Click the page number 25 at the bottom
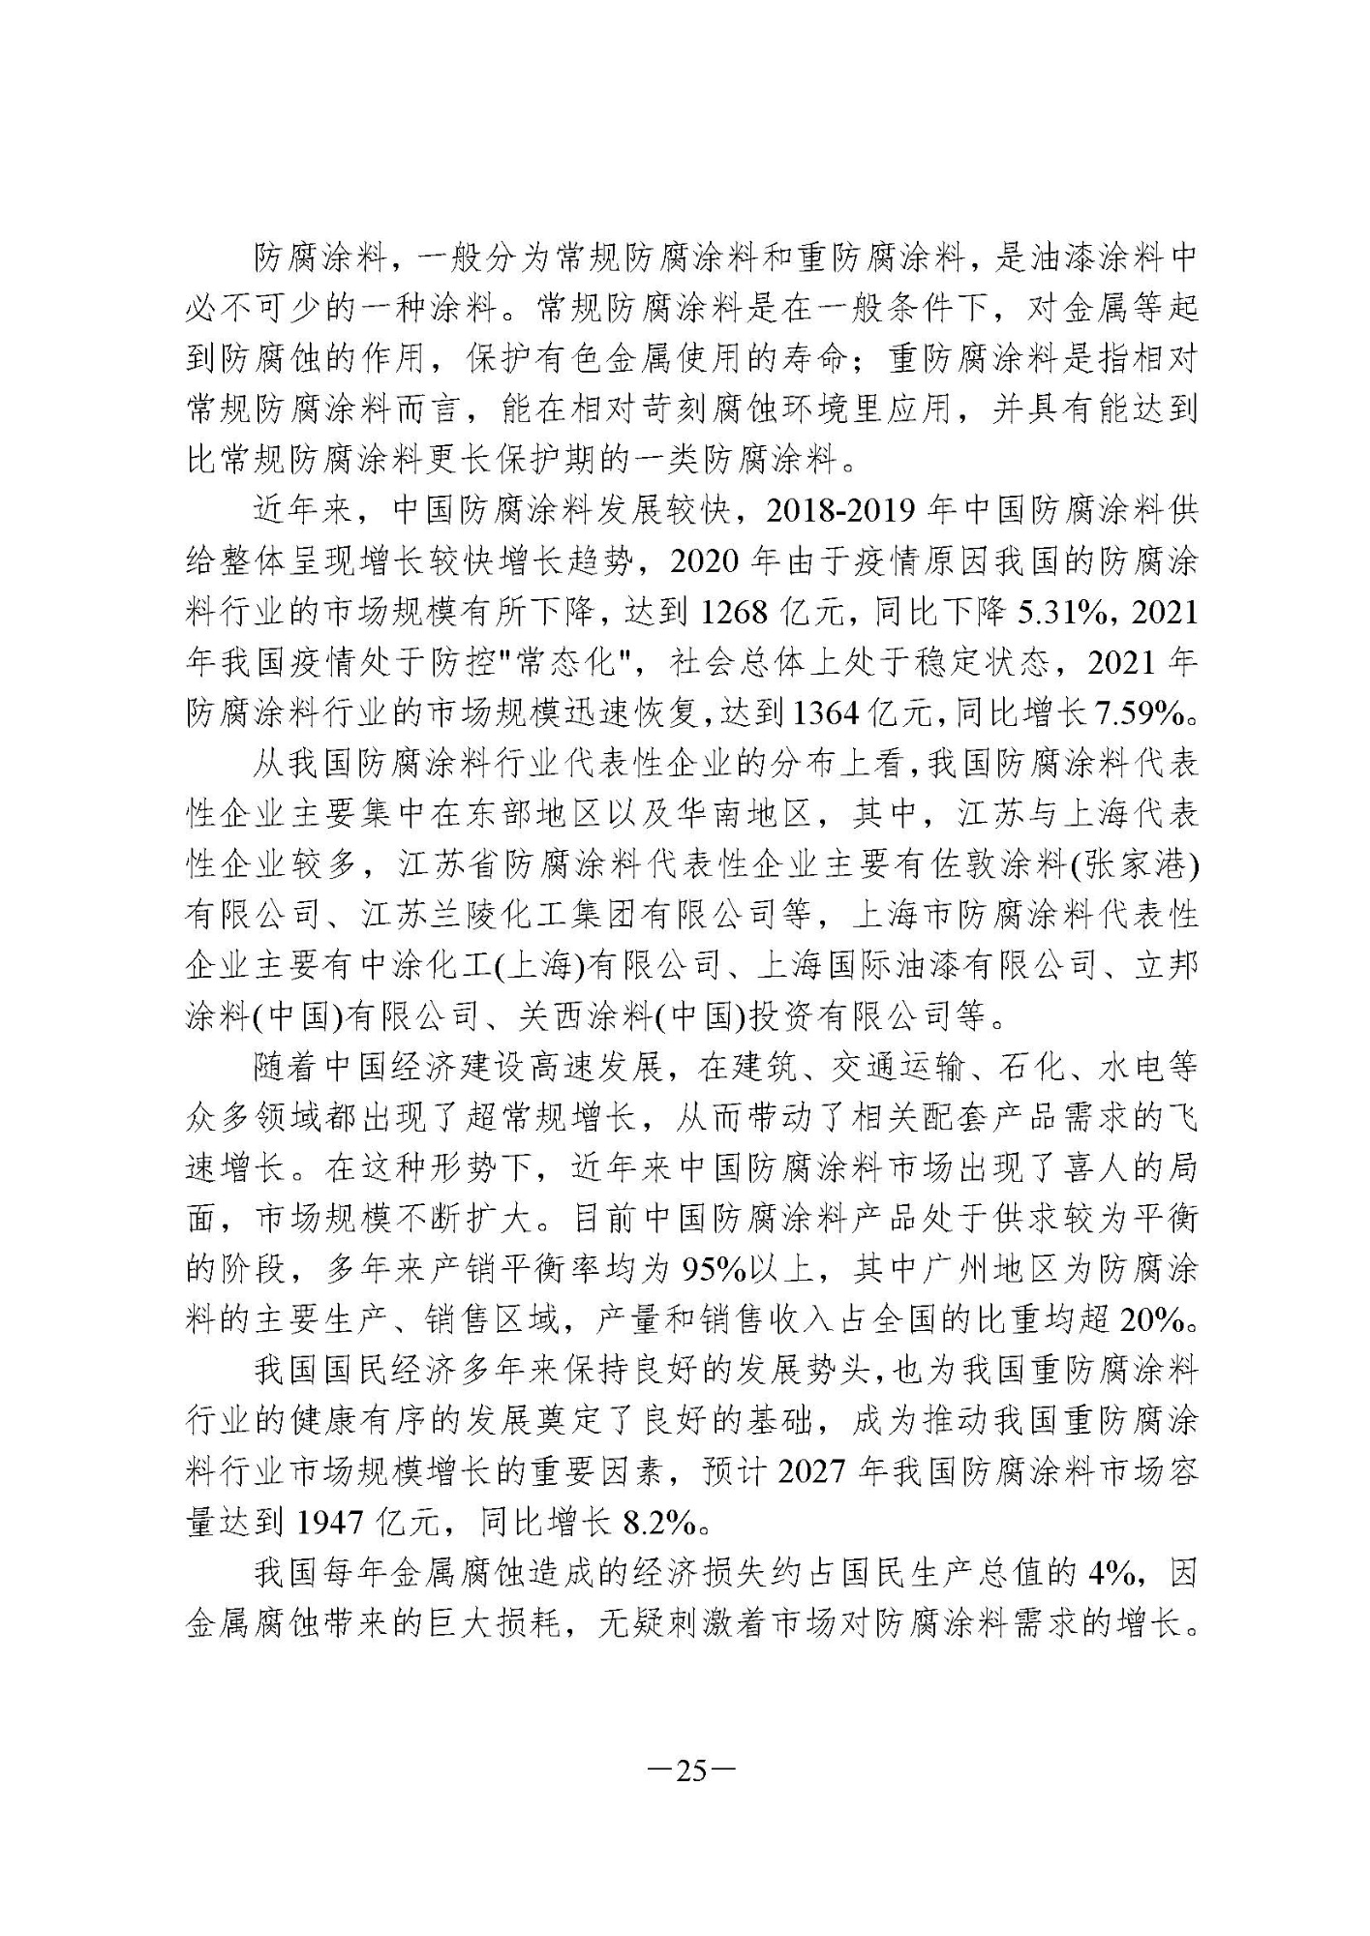[689, 1771]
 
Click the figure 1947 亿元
[358, 1523]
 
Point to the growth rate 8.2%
[660, 1523]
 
